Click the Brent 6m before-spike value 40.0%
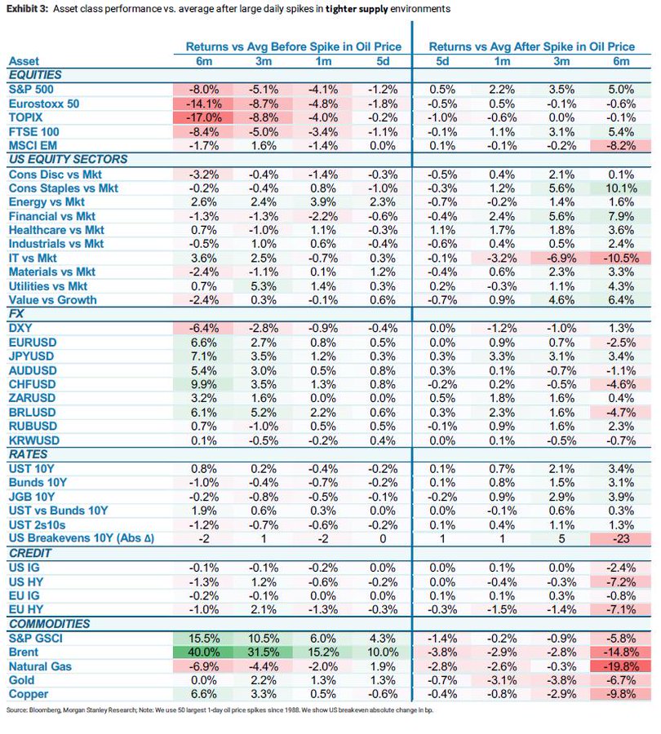click(201, 652)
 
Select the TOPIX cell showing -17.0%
click(201, 117)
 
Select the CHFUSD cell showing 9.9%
click(201, 384)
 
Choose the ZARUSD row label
click(33, 398)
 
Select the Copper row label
click(28, 694)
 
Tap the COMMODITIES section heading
click(48, 623)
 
